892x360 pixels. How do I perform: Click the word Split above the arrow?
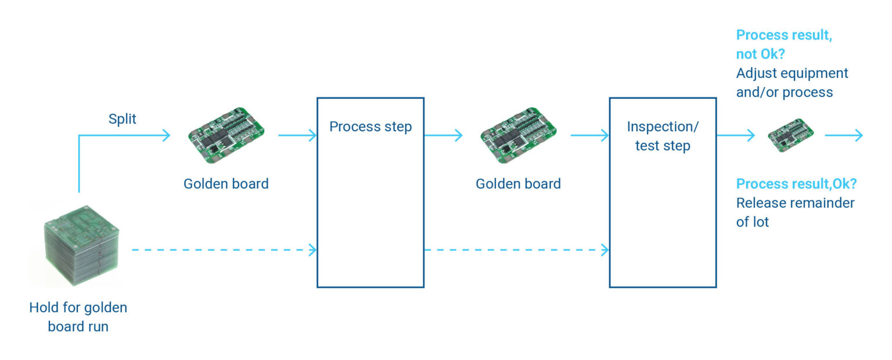(123, 119)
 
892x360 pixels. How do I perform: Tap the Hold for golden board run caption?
(78, 316)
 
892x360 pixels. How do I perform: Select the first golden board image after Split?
(226, 135)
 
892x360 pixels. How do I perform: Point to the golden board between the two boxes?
(518, 135)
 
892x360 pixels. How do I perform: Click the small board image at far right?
(790, 136)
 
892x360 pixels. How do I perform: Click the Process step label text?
(371, 127)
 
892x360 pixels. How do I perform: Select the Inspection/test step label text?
(663, 136)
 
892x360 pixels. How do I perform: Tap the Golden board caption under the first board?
(226, 184)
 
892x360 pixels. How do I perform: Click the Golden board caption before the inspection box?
(518, 184)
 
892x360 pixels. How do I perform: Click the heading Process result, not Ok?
(783, 44)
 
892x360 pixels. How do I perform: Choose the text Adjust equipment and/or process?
(792, 82)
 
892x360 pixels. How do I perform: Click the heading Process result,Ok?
(796, 184)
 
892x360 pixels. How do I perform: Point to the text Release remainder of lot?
(795, 212)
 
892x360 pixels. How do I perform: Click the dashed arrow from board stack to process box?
(224, 250)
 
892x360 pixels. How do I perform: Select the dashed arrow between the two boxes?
(516, 250)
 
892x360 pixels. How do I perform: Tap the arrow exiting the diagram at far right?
(844, 135)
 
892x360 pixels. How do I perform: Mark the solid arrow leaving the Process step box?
(443, 135)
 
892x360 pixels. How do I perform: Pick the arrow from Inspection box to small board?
(735, 135)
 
